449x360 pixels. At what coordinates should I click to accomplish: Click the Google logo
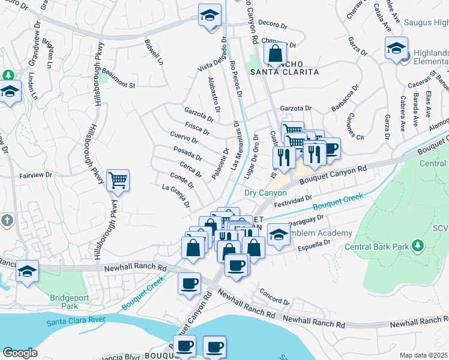click(20, 353)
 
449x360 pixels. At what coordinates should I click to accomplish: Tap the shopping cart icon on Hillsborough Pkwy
click(118, 179)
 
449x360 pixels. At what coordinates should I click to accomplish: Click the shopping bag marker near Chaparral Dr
click(275, 54)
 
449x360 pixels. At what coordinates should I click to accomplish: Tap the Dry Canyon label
click(265, 193)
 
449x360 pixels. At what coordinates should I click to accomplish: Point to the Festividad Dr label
click(293, 198)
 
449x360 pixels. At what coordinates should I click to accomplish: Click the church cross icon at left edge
click(7, 220)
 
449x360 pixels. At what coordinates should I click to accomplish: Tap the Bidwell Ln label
click(154, 52)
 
